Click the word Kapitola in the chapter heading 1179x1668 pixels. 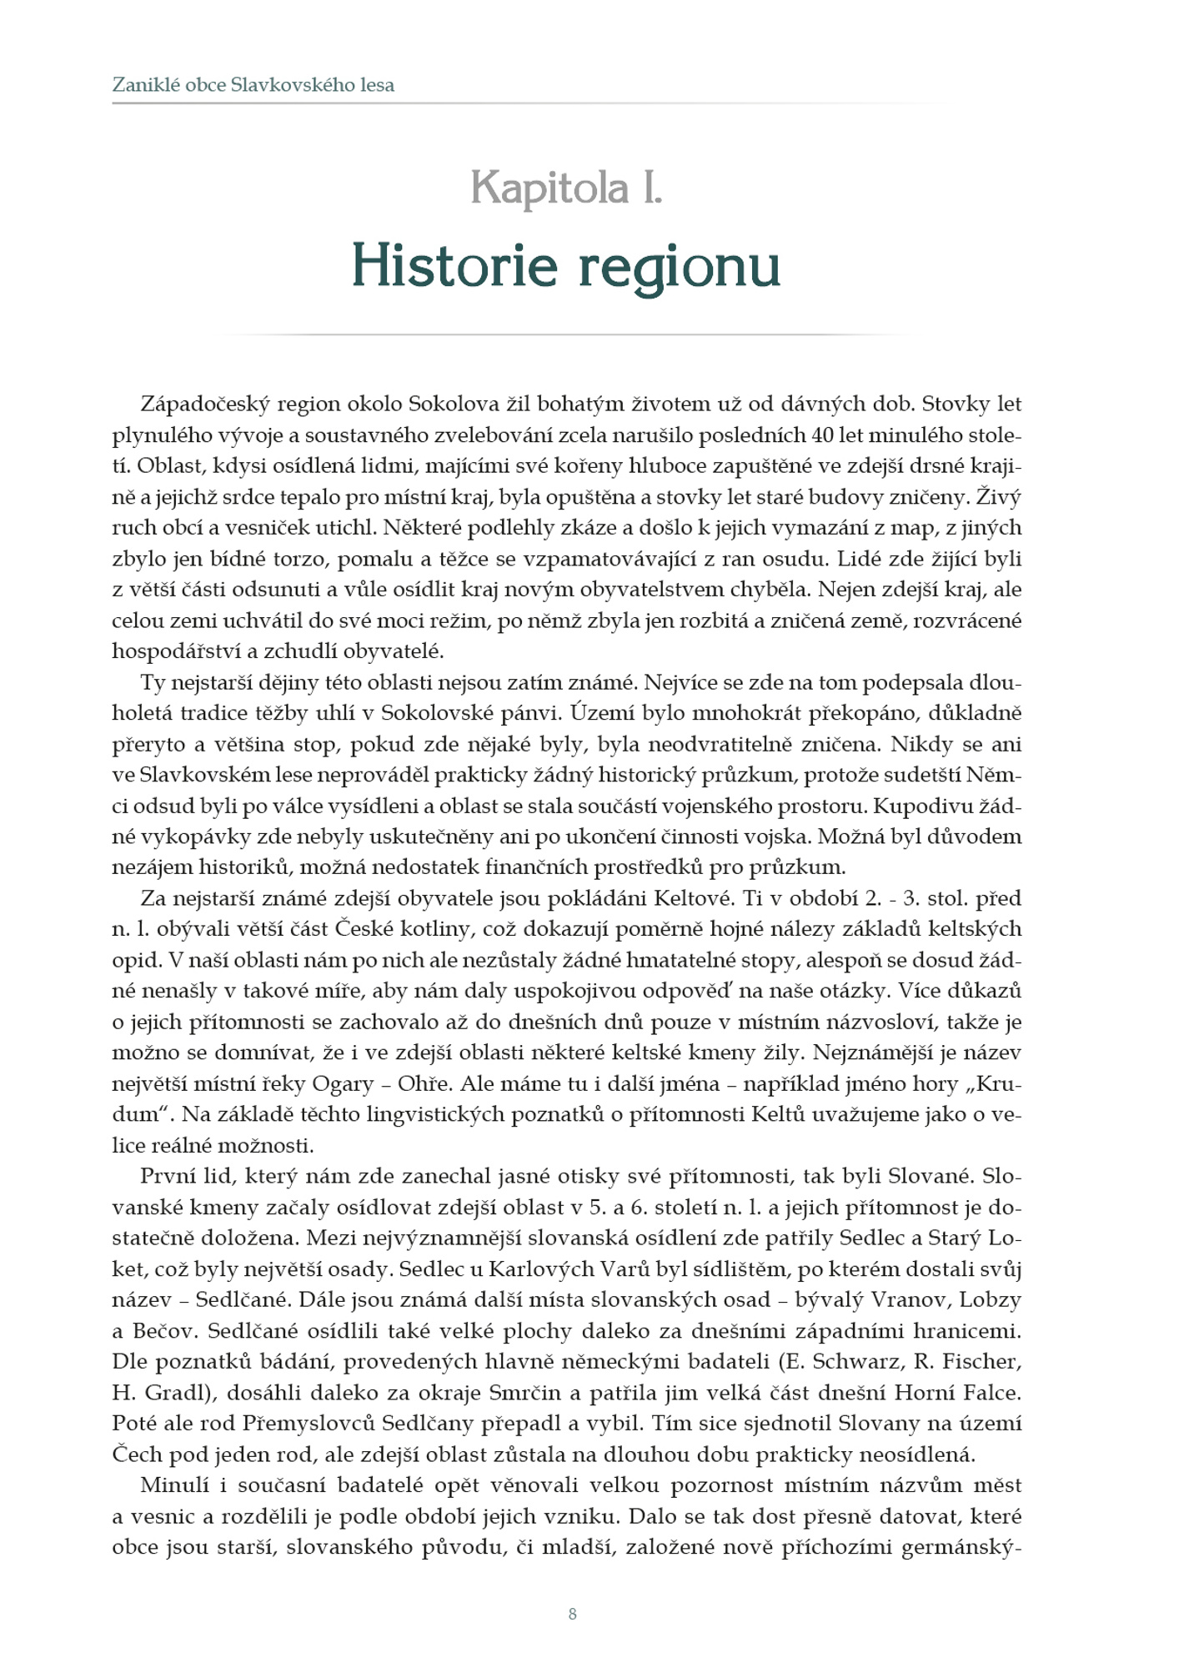549,188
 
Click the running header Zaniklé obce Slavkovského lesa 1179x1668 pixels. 253,85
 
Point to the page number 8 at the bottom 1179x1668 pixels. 572,1614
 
